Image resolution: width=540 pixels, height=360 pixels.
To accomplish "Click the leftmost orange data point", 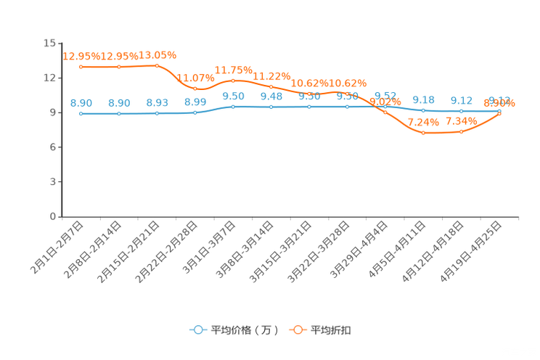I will coord(81,67).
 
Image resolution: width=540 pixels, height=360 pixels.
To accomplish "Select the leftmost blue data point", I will coord(81,114).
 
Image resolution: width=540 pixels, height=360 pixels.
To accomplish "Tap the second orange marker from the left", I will coord(119,67).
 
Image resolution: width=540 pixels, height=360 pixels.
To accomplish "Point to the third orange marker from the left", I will coord(157,65).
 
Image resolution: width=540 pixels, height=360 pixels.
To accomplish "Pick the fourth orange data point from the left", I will coord(195,88).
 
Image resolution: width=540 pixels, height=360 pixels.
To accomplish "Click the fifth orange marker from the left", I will coord(233,80).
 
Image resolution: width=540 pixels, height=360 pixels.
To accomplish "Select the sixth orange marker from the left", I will coord(271,86).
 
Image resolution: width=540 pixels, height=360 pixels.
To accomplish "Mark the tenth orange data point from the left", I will coord(423,133).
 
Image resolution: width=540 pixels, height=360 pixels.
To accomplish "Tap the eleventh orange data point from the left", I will coord(461,132).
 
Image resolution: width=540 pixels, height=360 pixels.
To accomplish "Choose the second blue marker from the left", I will coord(119,114).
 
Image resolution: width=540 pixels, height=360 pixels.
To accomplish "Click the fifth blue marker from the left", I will coord(233,107).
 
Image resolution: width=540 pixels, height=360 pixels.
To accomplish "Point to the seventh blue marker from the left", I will coord(309,107).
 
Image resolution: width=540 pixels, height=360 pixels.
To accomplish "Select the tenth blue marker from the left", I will coord(423,110).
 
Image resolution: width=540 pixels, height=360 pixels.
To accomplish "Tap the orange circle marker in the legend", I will coord(298,330).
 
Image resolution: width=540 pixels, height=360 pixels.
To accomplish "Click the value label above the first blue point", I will coord(81,104).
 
